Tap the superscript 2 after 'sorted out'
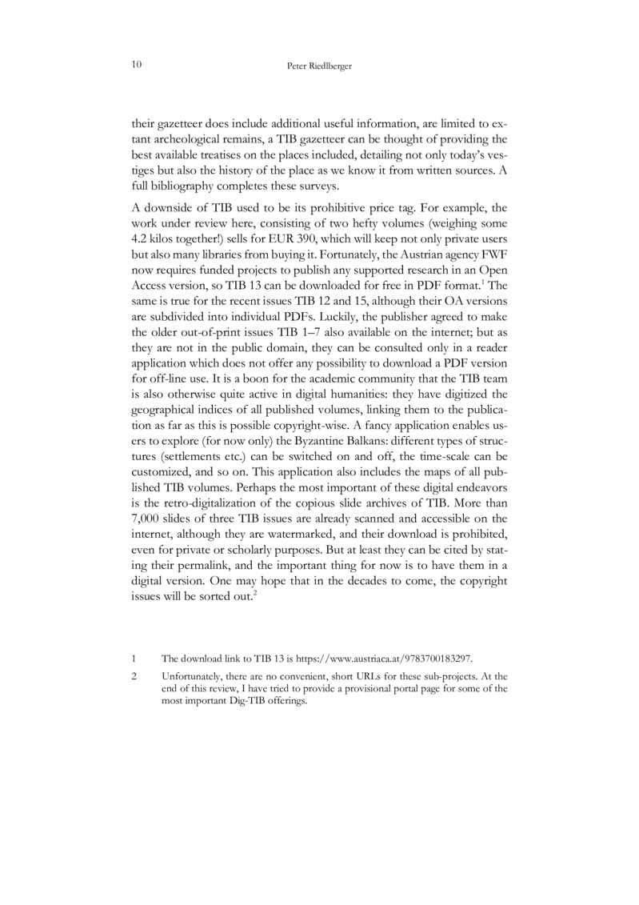click(255, 596)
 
